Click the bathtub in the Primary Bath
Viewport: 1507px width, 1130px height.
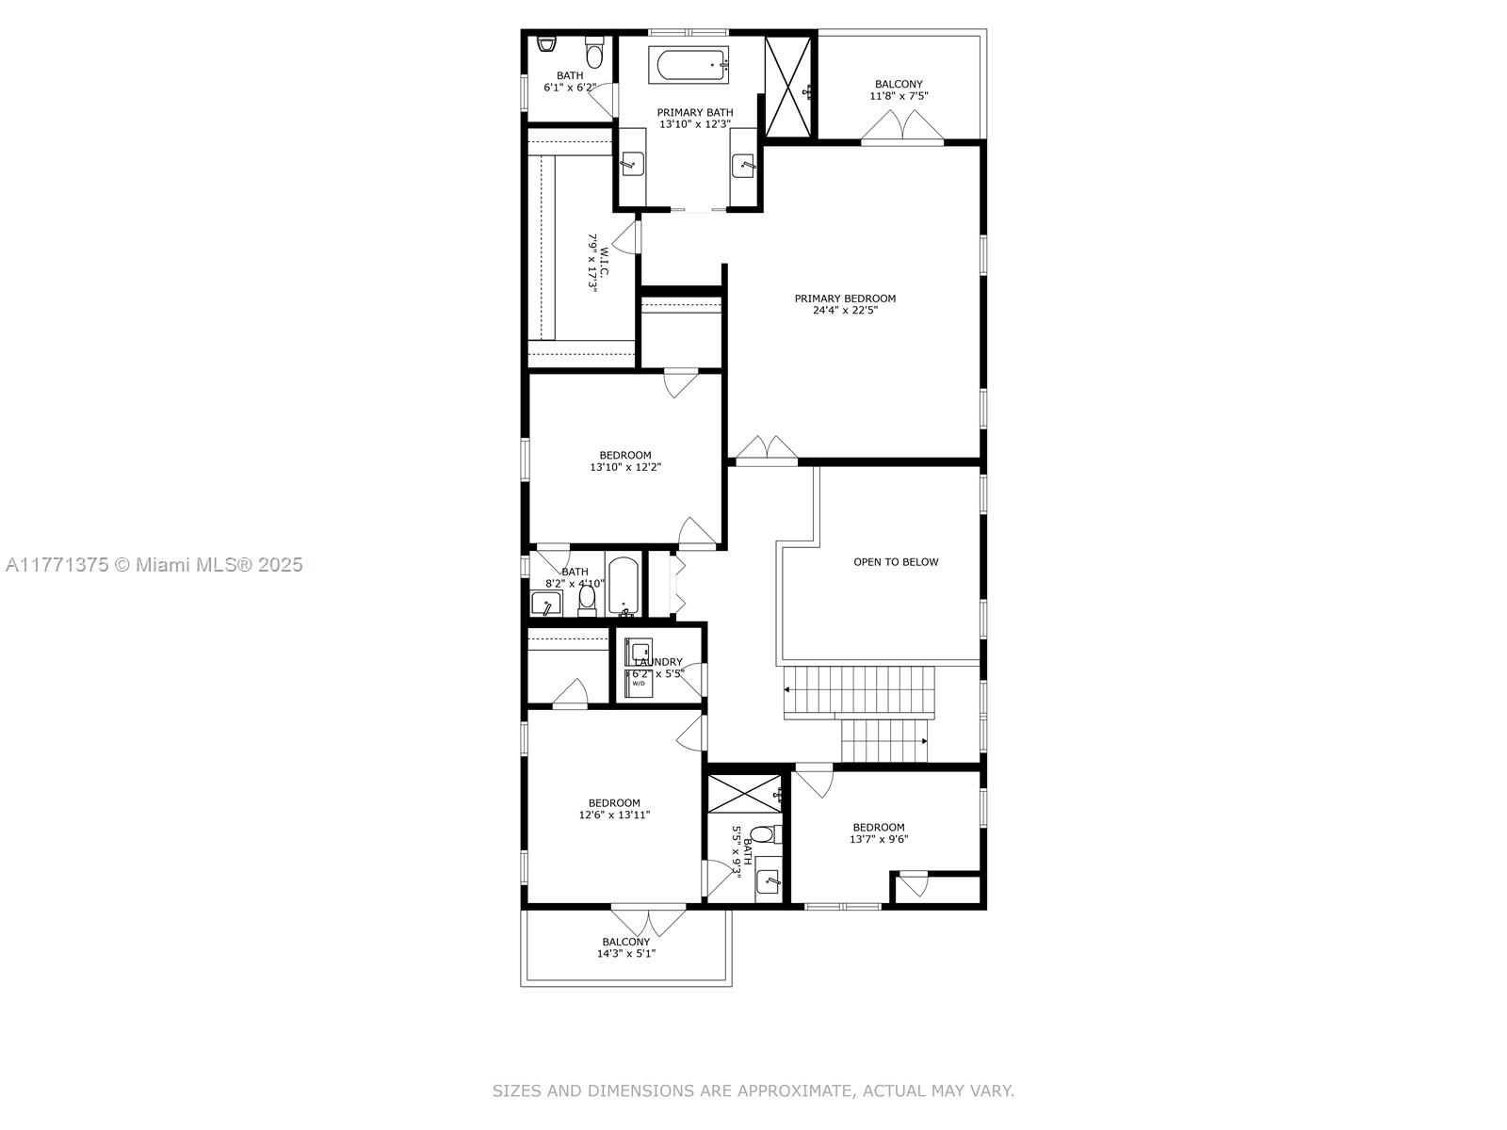pyautogui.click(x=689, y=66)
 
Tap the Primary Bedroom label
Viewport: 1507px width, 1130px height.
pyautogui.click(x=845, y=299)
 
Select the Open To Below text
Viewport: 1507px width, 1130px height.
pyautogui.click(x=896, y=562)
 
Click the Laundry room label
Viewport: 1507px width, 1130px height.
pyautogui.click(x=658, y=662)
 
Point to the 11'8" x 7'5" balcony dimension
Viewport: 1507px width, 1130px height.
pyautogui.click(x=899, y=96)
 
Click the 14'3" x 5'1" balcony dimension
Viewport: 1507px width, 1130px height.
pyautogui.click(x=625, y=954)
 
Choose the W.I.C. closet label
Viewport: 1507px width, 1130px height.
pyautogui.click(x=604, y=262)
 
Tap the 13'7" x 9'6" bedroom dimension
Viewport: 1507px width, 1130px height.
pyautogui.click(x=879, y=839)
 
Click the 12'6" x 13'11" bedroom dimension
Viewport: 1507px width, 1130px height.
pyautogui.click(x=614, y=815)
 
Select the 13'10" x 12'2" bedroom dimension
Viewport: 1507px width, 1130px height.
pyautogui.click(x=624, y=467)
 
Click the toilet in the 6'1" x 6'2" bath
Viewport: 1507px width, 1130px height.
pyautogui.click(x=594, y=54)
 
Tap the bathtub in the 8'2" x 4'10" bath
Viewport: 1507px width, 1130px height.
pyautogui.click(x=624, y=587)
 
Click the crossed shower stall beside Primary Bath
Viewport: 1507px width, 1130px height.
pyautogui.click(x=788, y=88)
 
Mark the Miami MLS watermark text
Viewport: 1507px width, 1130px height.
pyautogui.click(x=154, y=565)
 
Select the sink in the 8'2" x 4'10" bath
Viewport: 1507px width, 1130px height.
pyautogui.click(x=546, y=604)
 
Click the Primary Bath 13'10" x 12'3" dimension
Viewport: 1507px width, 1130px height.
pyautogui.click(x=695, y=124)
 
